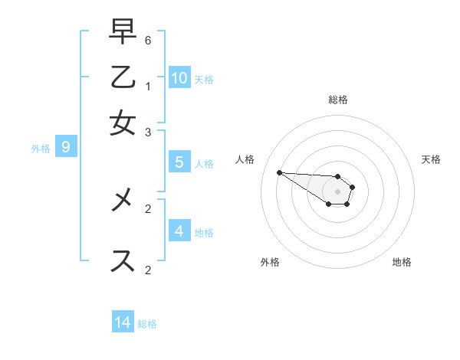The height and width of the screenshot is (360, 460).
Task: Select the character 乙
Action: coord(123,78)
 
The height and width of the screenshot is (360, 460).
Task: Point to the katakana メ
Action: coord(123,201)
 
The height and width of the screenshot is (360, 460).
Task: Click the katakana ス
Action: coord(123,260)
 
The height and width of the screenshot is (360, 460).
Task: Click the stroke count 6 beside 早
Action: coord(148,39)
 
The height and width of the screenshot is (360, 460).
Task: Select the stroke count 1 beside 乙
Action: coord(148,86)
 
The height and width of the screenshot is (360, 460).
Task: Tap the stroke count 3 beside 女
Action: coord(148,132)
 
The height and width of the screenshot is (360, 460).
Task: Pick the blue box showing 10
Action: coord(179,77)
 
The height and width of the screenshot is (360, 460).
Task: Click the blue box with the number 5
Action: coord(179,162)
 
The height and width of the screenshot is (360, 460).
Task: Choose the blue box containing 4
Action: coord(179,231)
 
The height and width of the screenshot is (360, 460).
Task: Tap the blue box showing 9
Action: coord(66,146)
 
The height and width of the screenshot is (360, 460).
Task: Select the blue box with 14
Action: coord(123,322)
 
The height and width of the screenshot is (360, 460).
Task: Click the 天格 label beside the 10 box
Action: coord(204,80)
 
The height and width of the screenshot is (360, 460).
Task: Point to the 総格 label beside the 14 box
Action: coord(147,324)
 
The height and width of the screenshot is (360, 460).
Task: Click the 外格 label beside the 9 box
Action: coord(41,149)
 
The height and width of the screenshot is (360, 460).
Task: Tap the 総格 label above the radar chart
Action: coord(337,100)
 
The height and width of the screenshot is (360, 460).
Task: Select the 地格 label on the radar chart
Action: coord(402,262)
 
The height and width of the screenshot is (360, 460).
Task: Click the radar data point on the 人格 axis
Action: coord(279,172)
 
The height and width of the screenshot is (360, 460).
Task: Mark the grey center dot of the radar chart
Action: coord(337,191)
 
